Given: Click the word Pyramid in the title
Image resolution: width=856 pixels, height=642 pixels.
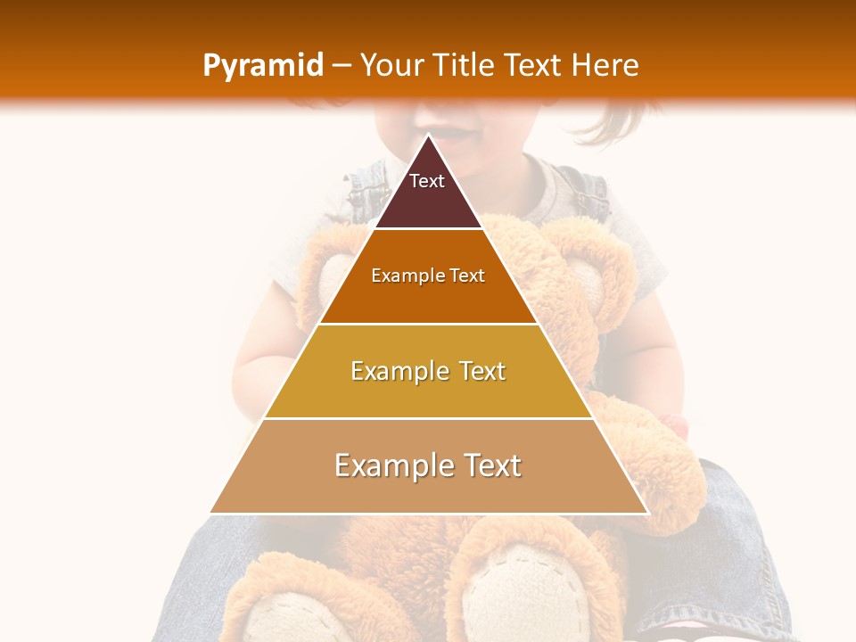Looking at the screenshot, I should pos(262,66).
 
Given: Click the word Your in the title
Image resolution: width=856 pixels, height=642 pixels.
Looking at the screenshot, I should pos(392,66).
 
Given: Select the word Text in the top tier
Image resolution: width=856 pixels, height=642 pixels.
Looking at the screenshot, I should pos(427,181).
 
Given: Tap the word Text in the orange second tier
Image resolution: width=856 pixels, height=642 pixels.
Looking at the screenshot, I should pos(467,276).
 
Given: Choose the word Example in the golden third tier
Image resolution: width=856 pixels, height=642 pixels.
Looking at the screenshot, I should pos(399,371).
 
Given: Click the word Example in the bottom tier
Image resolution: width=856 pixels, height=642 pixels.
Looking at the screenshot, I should pos(389,465).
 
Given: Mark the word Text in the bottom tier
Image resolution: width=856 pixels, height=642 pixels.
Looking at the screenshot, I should pos(490,465).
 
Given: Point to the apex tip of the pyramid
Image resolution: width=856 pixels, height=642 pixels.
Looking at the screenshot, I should pos(428,136).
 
